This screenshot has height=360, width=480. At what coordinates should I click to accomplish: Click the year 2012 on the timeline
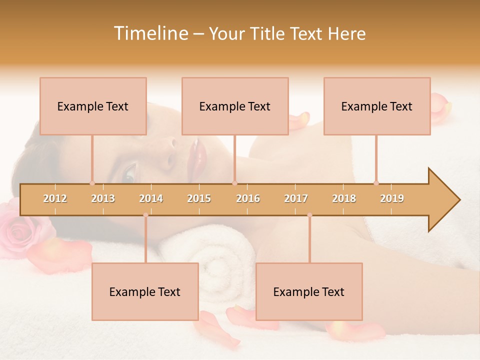click(x=55, y=198)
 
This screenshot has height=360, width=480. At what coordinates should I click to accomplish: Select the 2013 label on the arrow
click(x=103, y=198)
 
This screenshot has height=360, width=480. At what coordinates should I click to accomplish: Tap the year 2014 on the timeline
click(x=151, y=198)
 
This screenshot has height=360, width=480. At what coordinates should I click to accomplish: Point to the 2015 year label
click(x=199, y=198)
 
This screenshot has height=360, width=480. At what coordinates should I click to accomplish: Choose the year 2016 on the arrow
click(x=248, y=198)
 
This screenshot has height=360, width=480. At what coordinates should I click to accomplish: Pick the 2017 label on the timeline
click(x=296, y=198)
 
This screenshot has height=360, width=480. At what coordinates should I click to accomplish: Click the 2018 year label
click(x=344, y=198)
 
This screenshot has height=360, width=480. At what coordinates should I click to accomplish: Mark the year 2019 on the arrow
click(x=392, y=198)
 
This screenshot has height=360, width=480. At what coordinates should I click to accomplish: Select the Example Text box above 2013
click(x=93, y=106)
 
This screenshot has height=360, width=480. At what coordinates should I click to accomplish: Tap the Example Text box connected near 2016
click(x=235, y=106)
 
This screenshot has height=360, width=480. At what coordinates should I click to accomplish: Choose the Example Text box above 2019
click(x=377, y=106)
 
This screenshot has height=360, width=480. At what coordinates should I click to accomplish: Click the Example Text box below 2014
click(x=145, y=292)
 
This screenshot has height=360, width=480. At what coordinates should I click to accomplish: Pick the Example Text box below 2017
click(x=309, y=292)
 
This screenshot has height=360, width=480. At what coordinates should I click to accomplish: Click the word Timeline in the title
click(x=150, y=33)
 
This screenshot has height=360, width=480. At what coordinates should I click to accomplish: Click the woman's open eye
click(x=129, y=173)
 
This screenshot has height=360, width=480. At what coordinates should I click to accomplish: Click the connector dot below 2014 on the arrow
click(x=145, y=215)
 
